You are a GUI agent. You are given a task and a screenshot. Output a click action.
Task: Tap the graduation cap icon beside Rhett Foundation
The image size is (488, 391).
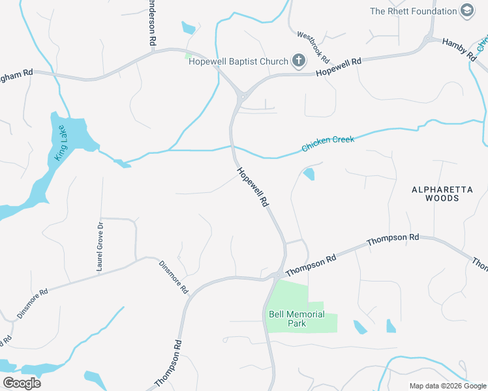[467, 10]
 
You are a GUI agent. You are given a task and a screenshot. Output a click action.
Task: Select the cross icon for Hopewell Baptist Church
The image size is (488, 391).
[299, 61]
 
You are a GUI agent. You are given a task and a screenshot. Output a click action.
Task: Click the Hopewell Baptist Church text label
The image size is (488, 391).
[238, 61]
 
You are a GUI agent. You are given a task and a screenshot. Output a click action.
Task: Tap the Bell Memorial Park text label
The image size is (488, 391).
[297, 319]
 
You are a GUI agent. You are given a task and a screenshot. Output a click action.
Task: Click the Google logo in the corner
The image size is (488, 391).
[22, 383]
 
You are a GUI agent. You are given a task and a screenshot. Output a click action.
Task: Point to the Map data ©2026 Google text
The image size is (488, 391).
[448, 386]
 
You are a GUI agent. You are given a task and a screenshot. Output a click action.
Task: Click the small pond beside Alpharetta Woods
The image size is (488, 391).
[309, 174]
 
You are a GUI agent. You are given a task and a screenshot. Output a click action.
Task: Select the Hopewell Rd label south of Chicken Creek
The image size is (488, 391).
[252, 186]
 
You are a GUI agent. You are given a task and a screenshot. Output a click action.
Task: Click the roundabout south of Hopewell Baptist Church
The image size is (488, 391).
[241, 96]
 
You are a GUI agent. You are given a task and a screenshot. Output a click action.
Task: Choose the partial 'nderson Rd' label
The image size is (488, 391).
[152, 23]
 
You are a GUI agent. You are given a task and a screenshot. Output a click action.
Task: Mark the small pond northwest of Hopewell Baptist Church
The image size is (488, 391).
[189, 28]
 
